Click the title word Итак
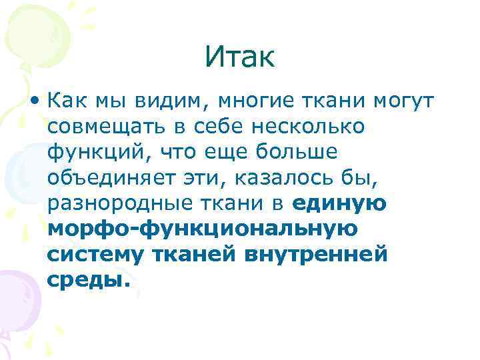coord(239,58)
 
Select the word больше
coord(298,152)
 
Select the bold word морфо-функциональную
coord(203,229)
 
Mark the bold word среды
coord(86,279)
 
